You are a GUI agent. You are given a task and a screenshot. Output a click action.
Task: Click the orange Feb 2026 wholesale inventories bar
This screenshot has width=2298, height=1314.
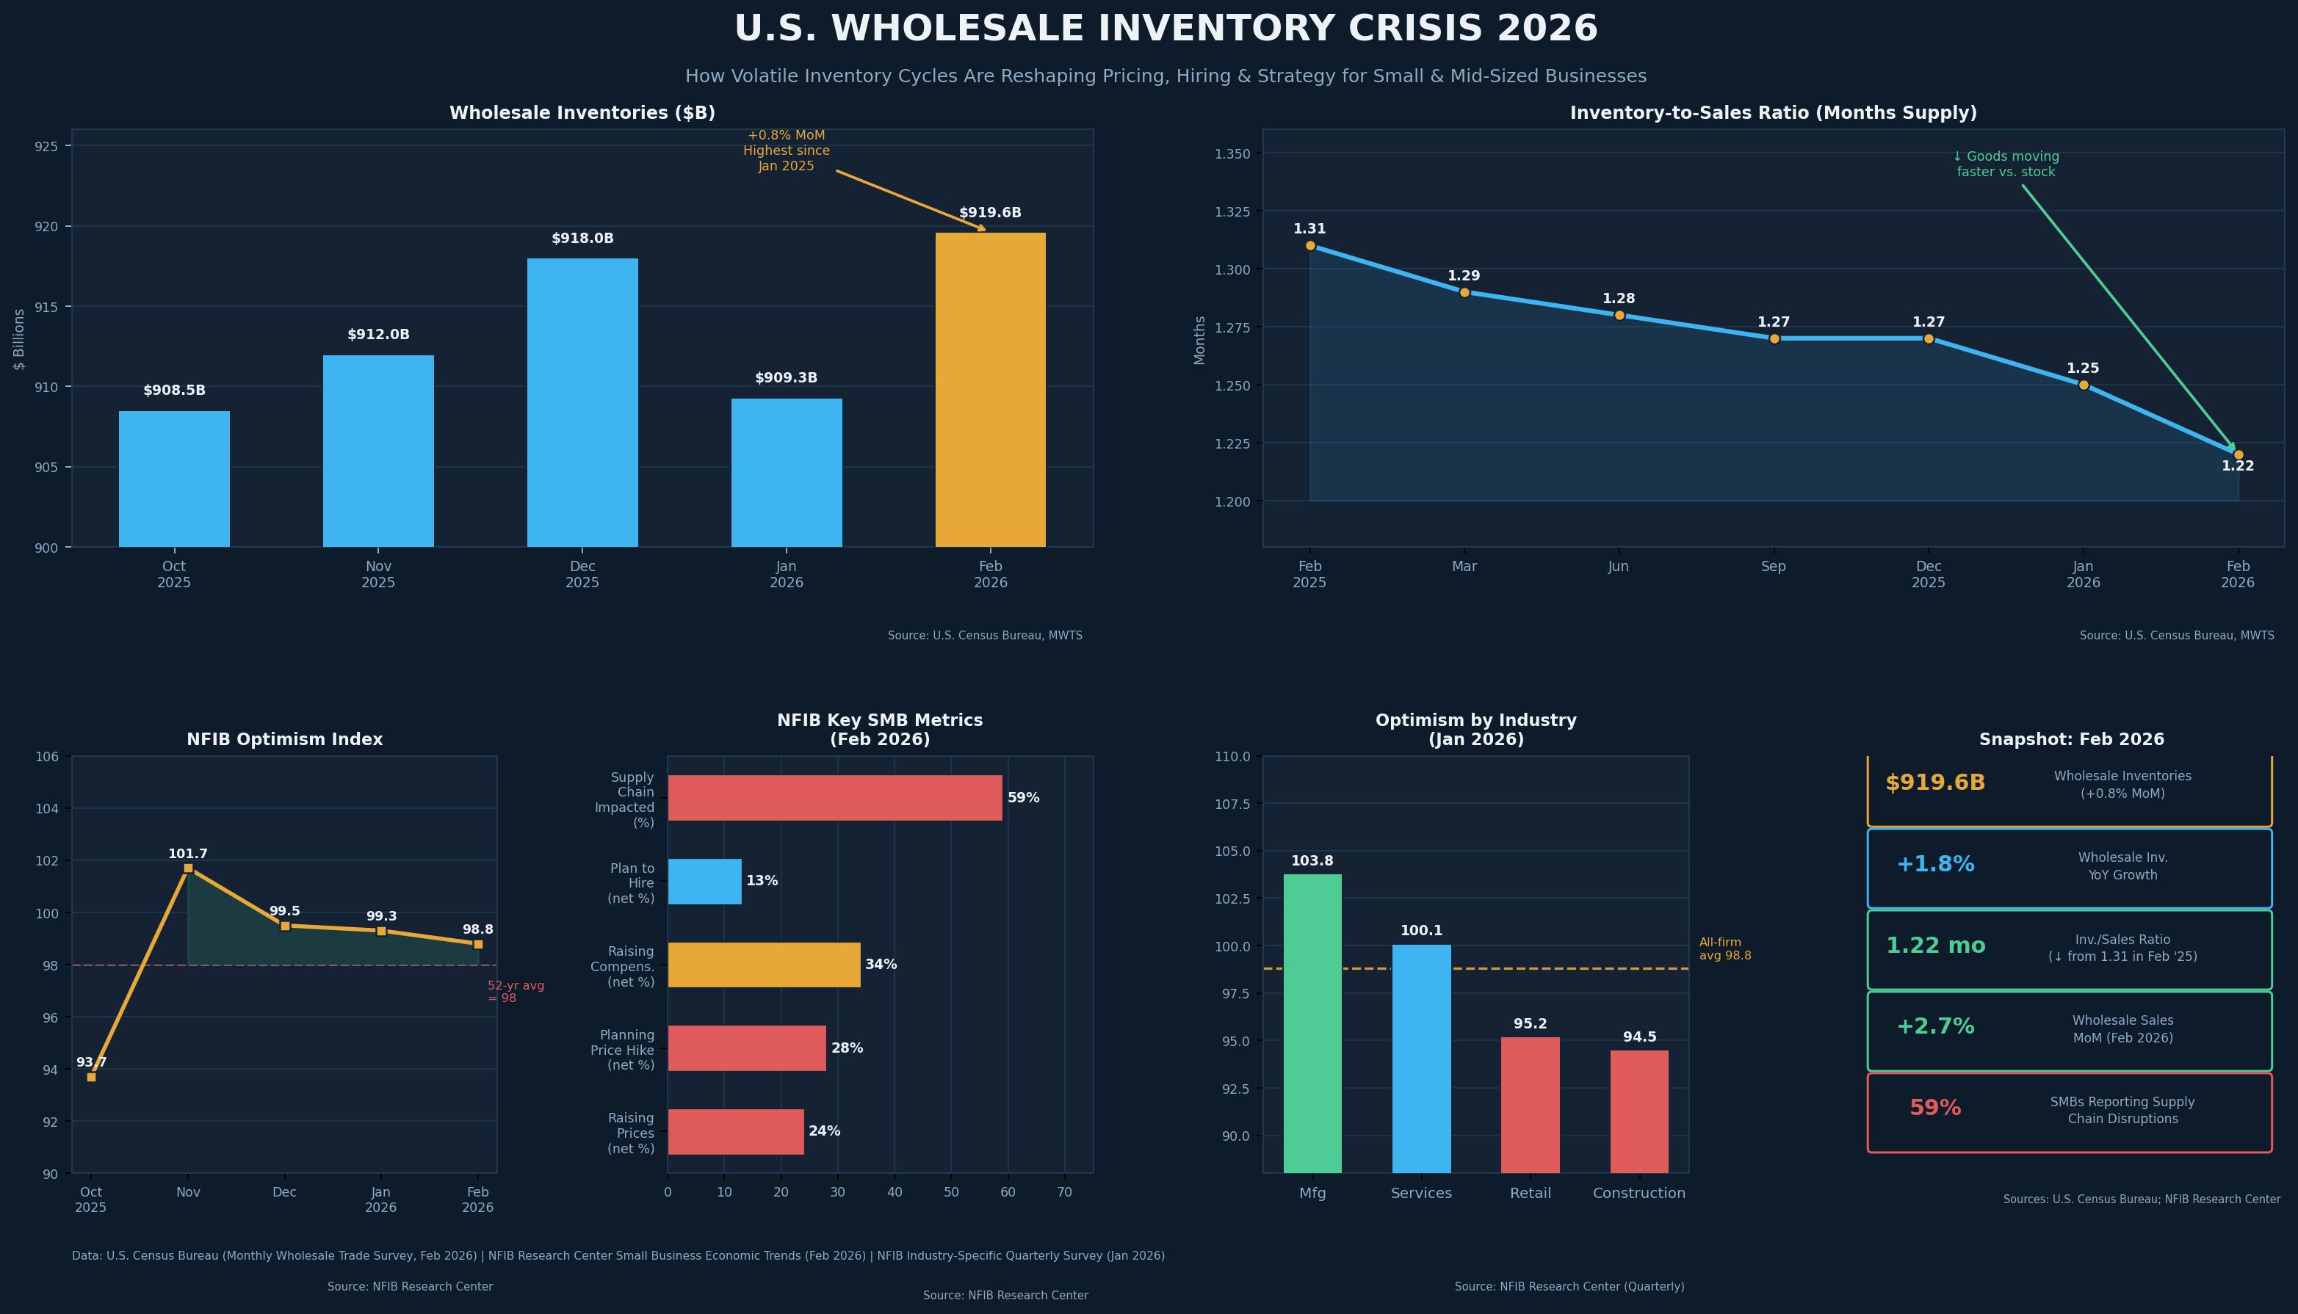pyautogui.click(x=990, y=390)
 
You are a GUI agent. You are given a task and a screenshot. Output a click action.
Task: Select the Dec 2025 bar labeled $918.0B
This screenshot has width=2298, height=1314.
pyautogui.click(x=582, y=402)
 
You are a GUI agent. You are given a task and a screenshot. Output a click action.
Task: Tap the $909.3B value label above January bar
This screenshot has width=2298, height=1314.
pyautogui.click(x=786, y=378)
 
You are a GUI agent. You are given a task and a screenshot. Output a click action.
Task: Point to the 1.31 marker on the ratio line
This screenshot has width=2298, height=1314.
pyautogui.click(x=1309, y=245)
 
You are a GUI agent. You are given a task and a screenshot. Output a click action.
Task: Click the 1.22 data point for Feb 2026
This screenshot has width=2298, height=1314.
pyautogui.click(x=2238, y=455)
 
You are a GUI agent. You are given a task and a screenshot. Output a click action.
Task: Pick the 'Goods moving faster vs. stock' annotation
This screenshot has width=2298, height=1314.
pyautogui.click(x=2006, y=164)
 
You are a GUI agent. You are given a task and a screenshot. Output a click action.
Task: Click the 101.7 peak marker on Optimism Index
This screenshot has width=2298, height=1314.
pyautogui.click(x=188, y=868)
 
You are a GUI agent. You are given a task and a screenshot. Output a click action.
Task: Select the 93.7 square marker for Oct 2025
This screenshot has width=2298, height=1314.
pyautogui.click(x=91, y=1077)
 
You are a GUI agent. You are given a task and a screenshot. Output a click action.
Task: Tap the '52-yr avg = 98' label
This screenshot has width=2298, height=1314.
pyautogui.click(x=516, y=992)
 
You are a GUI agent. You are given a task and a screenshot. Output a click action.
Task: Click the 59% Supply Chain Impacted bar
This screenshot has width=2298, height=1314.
pyautogui.click(x=835, y=798)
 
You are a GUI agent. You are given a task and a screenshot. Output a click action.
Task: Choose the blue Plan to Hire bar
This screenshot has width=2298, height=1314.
pyautogui.click(x=704, y=881)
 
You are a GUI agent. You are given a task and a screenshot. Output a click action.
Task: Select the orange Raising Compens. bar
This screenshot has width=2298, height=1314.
pyautogui.click(x=764, y=965)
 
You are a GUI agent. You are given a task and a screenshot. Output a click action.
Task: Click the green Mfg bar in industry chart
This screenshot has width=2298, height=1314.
pyautogui.click(x=1312, y=1023)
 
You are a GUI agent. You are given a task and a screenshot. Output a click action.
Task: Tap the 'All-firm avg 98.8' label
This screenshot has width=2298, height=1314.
pyautogui.click(x=1725, y=948)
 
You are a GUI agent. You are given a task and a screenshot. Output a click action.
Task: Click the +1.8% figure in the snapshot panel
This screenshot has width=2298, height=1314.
pyautogui.click(x=1935, y=865)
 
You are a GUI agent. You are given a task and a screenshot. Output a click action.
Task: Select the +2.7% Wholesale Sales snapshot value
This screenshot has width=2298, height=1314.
pyautogui.click(x=1935, y=1027)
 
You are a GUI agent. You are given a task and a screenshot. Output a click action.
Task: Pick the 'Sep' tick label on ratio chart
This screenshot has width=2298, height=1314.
pyautogui.click(x=1774, y=567)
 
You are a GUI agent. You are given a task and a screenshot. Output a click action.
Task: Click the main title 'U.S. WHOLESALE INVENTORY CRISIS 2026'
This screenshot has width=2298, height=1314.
pyautogui.click(x=1166, y=29)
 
